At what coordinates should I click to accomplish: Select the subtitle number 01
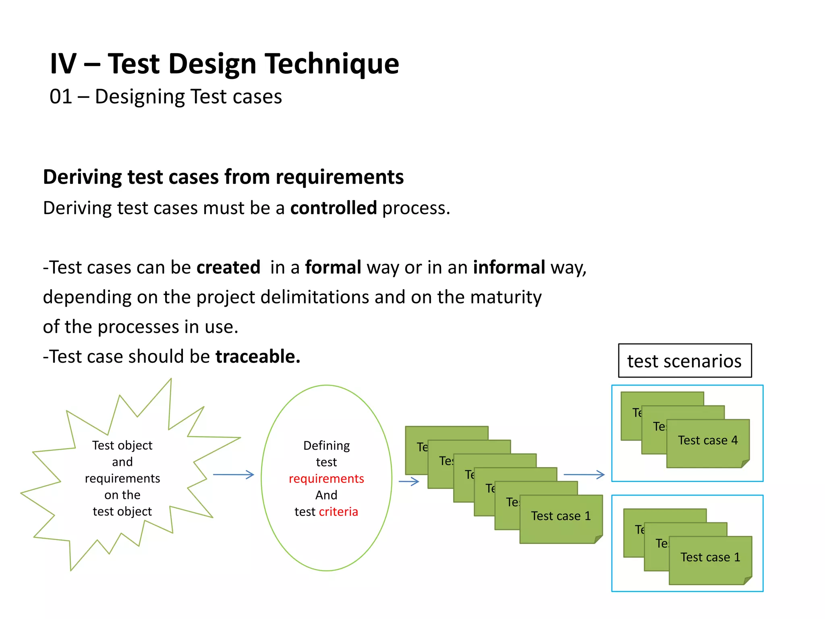coord(60,97)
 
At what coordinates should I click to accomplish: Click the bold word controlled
coord(334,208)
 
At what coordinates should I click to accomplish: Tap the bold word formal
coord(333,267)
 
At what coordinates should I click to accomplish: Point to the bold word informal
coord(509,267)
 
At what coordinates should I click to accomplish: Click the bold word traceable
coord(258,356)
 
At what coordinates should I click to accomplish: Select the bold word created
coord(228,267)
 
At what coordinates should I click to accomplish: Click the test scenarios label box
coord(684,361)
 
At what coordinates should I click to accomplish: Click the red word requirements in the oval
coord(326,478)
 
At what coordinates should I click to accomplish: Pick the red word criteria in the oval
coord(338,511)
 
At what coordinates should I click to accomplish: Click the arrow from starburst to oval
coord(233,475)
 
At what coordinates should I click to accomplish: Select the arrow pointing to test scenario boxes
coord(584,475)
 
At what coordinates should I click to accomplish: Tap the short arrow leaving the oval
coord(408,481)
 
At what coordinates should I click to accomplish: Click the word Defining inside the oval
coord(326,445)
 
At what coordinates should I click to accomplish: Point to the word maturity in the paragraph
coord(506,297)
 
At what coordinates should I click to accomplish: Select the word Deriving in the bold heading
coord(82,177)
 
